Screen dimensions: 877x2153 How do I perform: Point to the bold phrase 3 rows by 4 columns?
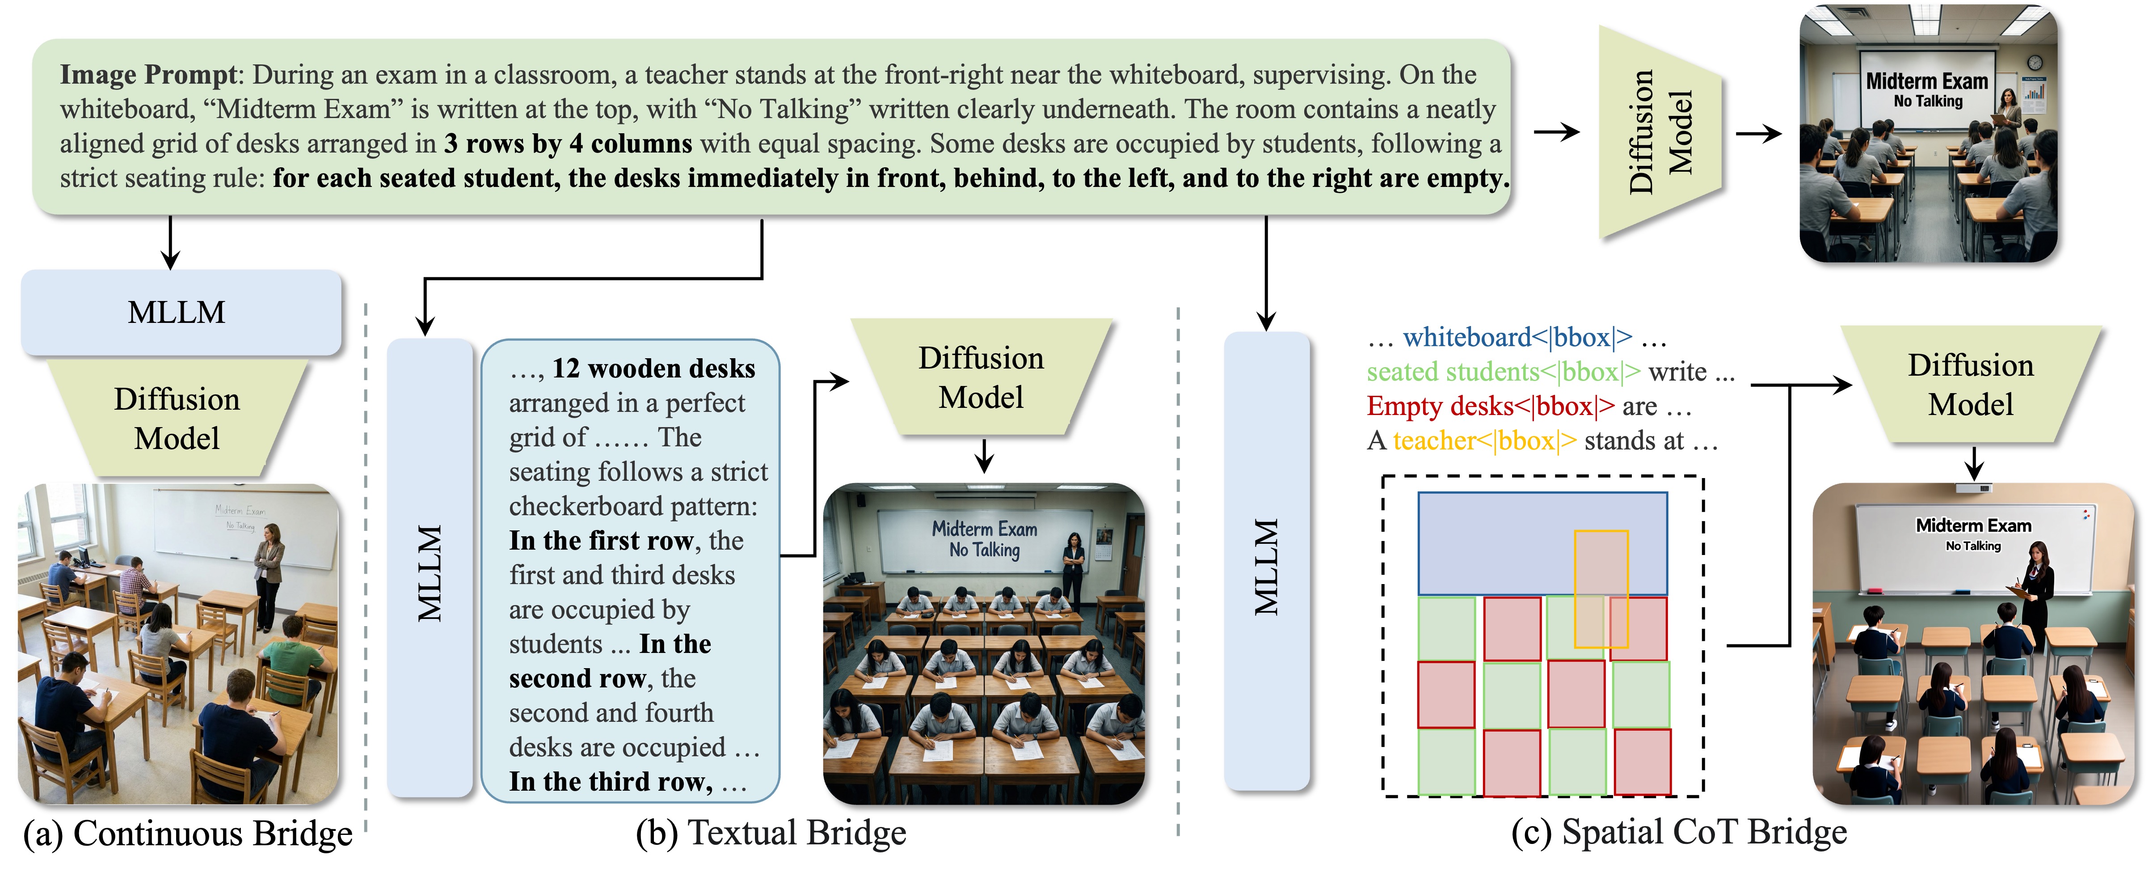click(568, 144)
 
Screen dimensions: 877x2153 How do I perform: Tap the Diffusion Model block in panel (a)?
click(177, 418)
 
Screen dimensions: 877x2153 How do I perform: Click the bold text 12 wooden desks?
click(653, 369)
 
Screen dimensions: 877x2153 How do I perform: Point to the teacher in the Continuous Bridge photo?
click(269, 577)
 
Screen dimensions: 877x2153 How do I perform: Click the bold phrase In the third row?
click(610, 782)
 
